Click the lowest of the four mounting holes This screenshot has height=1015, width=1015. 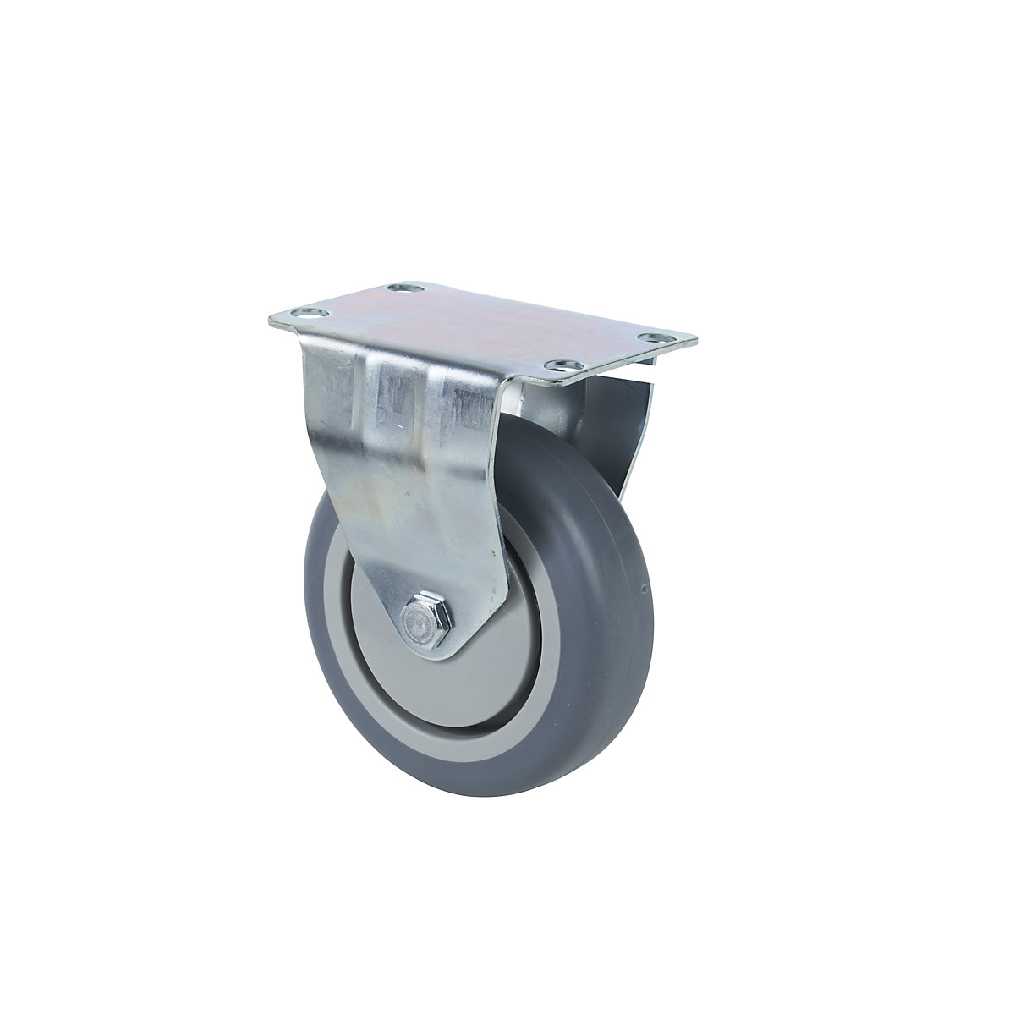(557, 365)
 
